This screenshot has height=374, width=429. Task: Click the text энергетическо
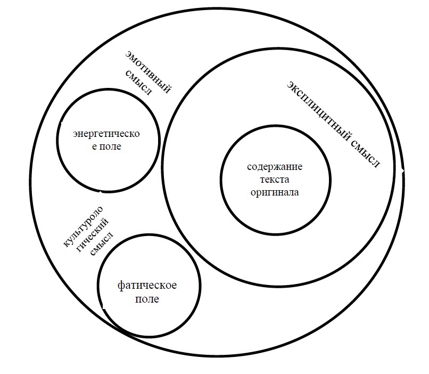106,134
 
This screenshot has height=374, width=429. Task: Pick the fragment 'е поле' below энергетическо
107,146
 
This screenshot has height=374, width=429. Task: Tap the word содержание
275,167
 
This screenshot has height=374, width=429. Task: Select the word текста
275,180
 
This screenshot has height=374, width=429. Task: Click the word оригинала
275,192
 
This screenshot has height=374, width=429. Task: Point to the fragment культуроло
82,226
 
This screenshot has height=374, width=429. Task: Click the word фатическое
147,286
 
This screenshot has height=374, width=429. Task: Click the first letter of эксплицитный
290,84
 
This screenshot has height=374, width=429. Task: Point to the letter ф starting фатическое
120,286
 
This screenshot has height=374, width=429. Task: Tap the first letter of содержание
249,167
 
